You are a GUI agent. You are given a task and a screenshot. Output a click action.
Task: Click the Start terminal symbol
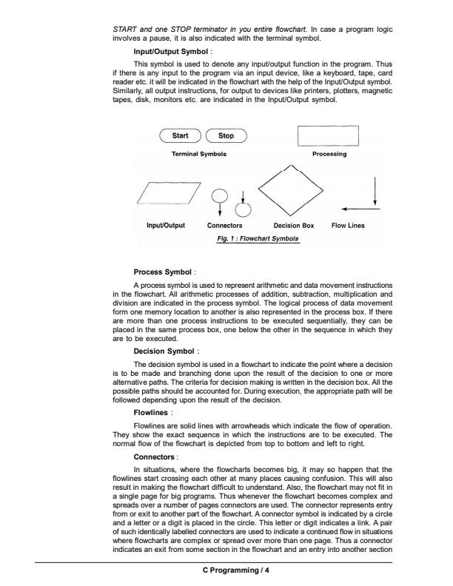click(180, 136)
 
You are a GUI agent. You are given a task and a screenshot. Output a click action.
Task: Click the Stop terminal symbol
click(226, 136)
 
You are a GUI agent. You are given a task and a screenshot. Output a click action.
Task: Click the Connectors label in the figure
click(226, 224)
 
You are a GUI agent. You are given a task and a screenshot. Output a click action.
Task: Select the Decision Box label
click(294, 224)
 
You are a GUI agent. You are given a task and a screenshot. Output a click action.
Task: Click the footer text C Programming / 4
click(226, 570)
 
